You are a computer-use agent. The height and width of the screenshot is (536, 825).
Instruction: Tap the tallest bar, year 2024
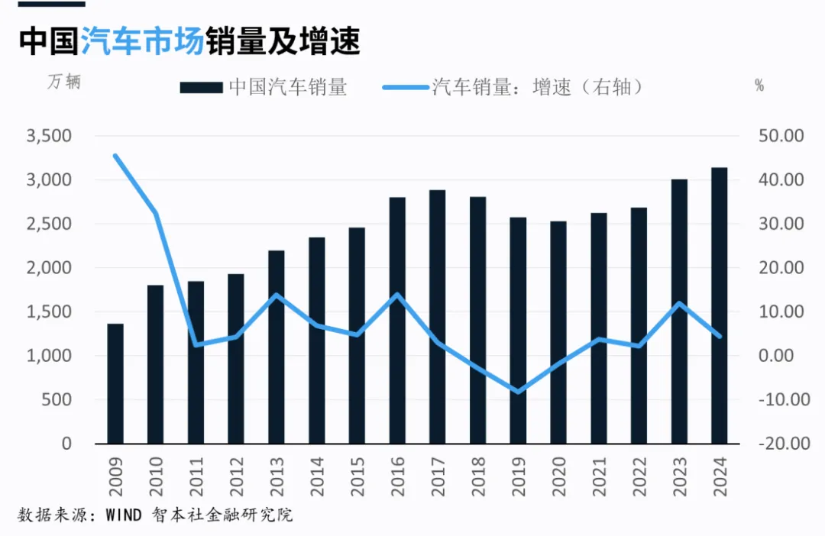720,305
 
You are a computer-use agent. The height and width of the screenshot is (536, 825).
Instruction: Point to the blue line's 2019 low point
518,392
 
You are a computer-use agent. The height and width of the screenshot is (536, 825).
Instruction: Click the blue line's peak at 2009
115,156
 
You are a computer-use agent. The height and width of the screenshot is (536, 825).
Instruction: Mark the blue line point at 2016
397,295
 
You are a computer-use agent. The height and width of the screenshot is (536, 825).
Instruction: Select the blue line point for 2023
679,303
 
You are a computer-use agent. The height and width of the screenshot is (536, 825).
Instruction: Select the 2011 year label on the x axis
196,477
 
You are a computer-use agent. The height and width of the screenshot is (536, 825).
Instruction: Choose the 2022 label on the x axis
639,477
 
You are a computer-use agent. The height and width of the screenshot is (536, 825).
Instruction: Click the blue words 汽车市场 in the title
142,41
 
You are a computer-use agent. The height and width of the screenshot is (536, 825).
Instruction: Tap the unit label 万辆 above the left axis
64,82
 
